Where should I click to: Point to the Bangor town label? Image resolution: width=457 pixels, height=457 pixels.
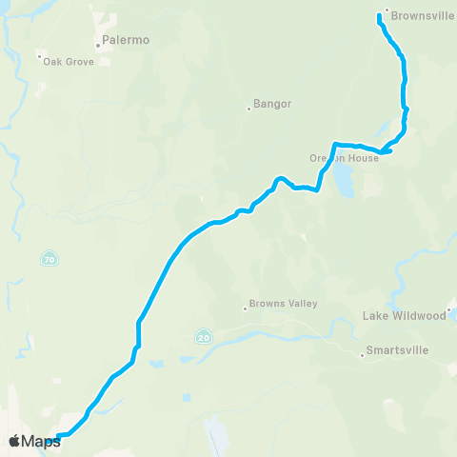tap(272, 104)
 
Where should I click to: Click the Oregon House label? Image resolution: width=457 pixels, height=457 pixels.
tap(344, 158)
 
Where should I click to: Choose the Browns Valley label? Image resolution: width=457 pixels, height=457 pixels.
tap(283, 304)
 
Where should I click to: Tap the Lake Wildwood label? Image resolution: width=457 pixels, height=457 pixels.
tap(405, 315)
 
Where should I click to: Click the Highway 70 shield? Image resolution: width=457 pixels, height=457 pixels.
tap(48, 258)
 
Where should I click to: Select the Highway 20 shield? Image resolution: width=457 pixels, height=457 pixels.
tap(204, 336)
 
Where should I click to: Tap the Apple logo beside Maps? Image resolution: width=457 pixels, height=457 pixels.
tap(14, 441)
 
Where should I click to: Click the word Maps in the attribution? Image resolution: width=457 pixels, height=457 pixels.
tap(41, 441)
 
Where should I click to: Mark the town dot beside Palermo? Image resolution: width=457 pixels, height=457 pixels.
tap(97, 44)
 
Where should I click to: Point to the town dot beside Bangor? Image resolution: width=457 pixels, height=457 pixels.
tap(248, 108)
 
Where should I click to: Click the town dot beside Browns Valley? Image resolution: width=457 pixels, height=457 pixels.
tap(245, 308)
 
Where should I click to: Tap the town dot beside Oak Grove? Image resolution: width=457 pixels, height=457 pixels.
tap(39, 57)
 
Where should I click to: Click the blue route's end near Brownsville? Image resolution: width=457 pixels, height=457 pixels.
tap(380, 16)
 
